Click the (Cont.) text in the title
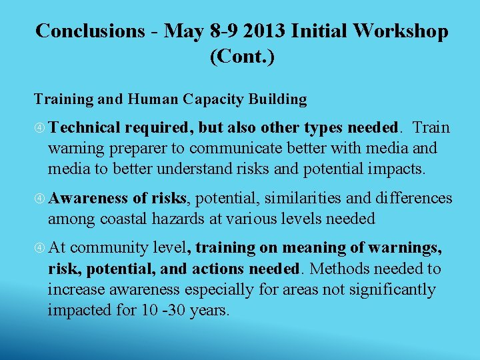(242, 57)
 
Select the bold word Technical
(84, 127)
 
